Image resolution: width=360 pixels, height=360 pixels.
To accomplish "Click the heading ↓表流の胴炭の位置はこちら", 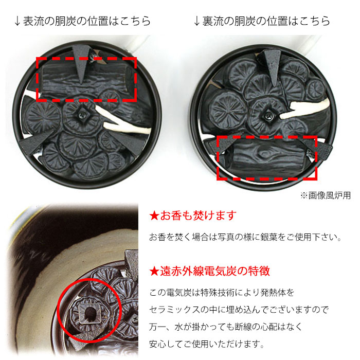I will (x=83, y=21).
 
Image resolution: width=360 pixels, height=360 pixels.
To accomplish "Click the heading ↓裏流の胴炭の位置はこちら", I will (x=262, y=21).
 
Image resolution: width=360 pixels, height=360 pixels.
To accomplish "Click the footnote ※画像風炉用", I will (x=326, y=195).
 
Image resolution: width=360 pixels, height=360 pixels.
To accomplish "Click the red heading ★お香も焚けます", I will (x=192, y=215).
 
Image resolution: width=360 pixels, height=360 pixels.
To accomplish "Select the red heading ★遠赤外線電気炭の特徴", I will (x=209, y=271).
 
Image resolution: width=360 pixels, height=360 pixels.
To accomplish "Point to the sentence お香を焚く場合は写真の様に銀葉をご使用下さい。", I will (x=245, y=238).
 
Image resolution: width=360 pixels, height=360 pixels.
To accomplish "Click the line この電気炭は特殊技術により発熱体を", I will (x=222, y=293).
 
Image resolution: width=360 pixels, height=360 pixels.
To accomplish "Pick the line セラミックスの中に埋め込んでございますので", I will (x=239, y=310).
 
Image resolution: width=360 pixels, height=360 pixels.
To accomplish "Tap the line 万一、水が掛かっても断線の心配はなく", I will (x=226, y=327).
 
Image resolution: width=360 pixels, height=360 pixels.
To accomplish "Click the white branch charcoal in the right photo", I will (x=307, y=106).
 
